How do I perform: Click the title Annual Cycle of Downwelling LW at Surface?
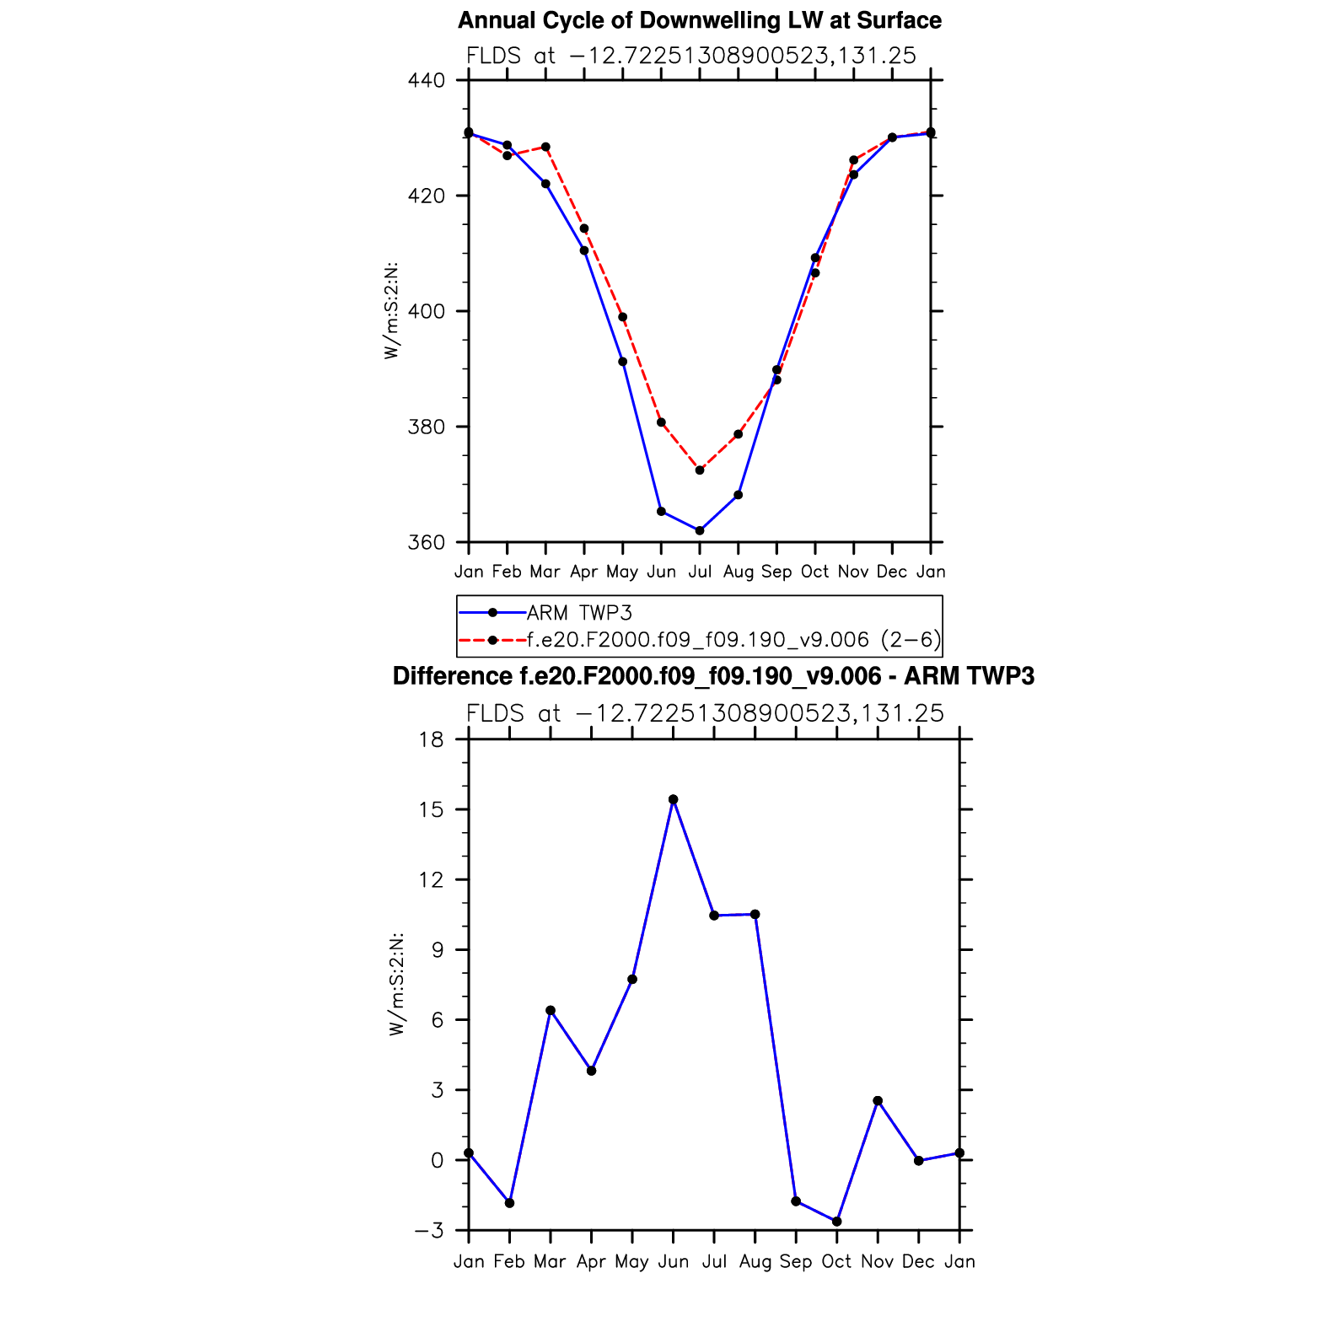699,20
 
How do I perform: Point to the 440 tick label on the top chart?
426,81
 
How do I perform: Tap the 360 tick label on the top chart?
426,542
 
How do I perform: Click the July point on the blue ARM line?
700,530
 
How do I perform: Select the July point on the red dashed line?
700,470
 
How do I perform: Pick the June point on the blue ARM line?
661,512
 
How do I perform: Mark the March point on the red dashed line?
545,147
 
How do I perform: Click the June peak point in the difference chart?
673,799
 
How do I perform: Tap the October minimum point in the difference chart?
836,1222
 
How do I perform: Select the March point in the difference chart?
551,1010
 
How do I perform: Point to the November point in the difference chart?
878,1101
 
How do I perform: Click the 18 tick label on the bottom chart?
431,740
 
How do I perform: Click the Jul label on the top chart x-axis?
700,572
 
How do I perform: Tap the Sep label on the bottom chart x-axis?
795,1261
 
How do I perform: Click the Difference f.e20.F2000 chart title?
713,676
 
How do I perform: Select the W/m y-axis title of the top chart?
391,312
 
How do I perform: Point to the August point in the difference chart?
755,915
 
